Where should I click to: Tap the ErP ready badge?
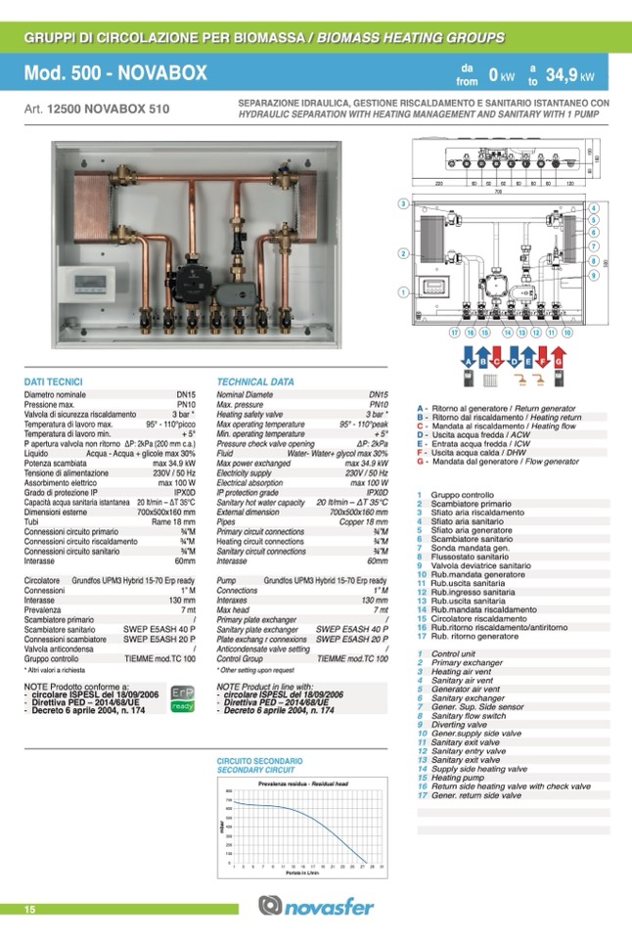click(x=183, y=698)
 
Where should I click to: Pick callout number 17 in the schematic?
click(x=455, y=333)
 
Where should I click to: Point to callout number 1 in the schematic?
click(x=402, y=291)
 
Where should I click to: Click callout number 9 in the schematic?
click(x=594, y=276)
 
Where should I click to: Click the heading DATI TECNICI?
click(x=53, y=381)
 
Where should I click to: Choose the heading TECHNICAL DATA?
click(x=255, y=381)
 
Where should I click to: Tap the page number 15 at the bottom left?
click(x=30, y=910)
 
